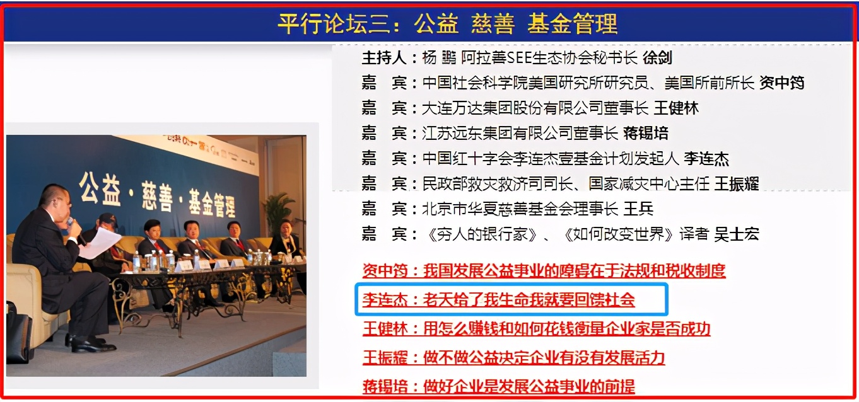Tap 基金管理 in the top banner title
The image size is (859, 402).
tap(571, 23)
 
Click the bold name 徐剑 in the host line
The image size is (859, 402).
tap(657, 59)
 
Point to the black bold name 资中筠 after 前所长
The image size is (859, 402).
tap(781, 83)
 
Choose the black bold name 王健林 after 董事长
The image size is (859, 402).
tap(676, 108)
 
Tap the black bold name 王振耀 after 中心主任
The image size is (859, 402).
tap(736, 184)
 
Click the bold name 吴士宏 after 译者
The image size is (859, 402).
tap(737, 234)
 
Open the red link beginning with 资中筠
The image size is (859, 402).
tap(544, 271)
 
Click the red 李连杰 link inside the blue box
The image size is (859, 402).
tap(498, 300)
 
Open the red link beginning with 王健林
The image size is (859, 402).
tap(536, 329)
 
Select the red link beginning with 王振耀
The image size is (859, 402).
tap(513, 358)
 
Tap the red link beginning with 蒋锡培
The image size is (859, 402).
tap(498, 386)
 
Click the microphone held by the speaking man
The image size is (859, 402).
tap(73, 225)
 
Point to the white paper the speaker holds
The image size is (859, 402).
tap(99, 243)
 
